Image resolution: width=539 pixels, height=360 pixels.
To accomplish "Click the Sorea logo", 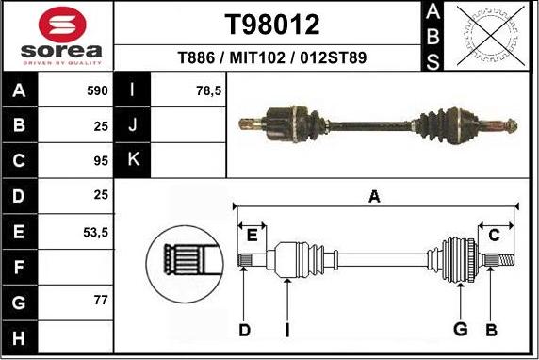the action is (x=57, y=37).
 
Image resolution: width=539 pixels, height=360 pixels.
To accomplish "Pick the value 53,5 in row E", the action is (x=95, y=231).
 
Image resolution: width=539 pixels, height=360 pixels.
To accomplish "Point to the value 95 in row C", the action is (x=102, y=160).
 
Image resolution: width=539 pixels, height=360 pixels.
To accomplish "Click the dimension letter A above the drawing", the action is (x=374, y=196).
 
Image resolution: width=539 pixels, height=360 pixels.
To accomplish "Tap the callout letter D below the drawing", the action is (x=245, y=329).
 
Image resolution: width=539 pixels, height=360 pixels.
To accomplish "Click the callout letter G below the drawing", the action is (x=461, y=329).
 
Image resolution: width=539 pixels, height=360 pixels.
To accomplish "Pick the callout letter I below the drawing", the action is (x=287, y=329).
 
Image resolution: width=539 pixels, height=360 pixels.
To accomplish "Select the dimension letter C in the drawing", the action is (x=494, y=235).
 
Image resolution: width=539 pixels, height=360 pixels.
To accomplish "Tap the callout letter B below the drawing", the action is (x=491, y=329).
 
